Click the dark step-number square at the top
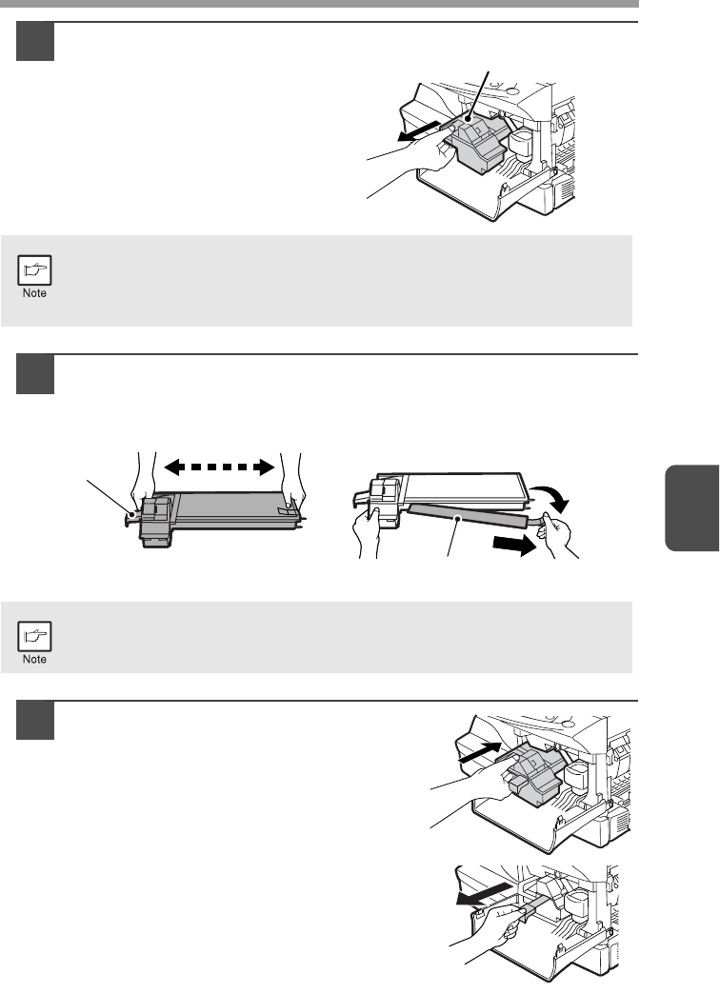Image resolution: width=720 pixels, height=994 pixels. point(35,42)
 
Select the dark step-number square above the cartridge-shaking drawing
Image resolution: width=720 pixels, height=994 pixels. point(35,374)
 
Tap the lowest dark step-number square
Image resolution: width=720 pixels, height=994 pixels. point(35,720)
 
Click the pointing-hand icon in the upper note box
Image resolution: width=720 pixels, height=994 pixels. point(34,270)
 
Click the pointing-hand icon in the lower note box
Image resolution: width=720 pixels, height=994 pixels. point(34,636)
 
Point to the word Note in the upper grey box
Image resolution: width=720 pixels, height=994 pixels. point(34,293)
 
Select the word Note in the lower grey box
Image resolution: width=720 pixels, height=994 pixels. point(34,659)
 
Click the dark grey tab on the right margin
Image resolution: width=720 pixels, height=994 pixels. point(692,508)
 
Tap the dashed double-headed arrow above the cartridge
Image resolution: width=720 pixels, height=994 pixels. point(219,467)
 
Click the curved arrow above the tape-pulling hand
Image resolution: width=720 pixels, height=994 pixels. point(550,497)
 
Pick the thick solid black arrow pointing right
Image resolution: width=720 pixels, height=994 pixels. point(514,545)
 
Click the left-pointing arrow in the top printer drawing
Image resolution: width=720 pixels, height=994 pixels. point(420,132)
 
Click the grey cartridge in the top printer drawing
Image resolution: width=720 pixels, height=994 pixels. point(477,142)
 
